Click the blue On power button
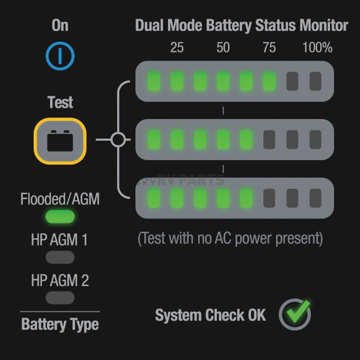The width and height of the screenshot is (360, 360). pyautogui.click(x=60, y=56)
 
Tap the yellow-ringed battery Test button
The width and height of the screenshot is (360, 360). pyautogui.click(x=60, y=141)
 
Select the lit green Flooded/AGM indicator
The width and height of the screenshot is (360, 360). pyautogui.click(x=60, y=216)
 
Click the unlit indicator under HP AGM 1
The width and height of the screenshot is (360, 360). pyautogui.click(x=60, y=257)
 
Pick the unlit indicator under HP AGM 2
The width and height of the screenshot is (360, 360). pyautogui.click(x=60, y=297)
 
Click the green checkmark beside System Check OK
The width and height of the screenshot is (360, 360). pyautogui.click(x=298, y=312)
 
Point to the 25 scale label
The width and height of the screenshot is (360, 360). pyautogui.click(x=177, y=47)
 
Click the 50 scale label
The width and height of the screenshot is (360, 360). pyautogui.click(x=223, y=47)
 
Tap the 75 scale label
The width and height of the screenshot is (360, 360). pyautogui.click(x=269, y=47)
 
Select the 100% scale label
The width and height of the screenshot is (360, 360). pyautogui.click(x=317, y=47)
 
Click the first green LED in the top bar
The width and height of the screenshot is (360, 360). pyautogui.click(x=154, y=81)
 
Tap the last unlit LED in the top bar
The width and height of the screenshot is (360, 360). pyautogui.click(x=315, y=81)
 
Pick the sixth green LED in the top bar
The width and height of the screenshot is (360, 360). pyautogui.click(x=269, y=81)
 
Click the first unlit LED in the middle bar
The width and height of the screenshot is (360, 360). pyautogui.click(x=269, y=140)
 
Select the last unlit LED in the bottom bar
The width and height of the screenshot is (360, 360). pyautogui.click(x=315, y=198)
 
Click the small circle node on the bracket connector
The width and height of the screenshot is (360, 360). pyautogui.click(x=118, y=140)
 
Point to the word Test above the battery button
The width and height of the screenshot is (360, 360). pyautogui.click(x=60, y=102)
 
